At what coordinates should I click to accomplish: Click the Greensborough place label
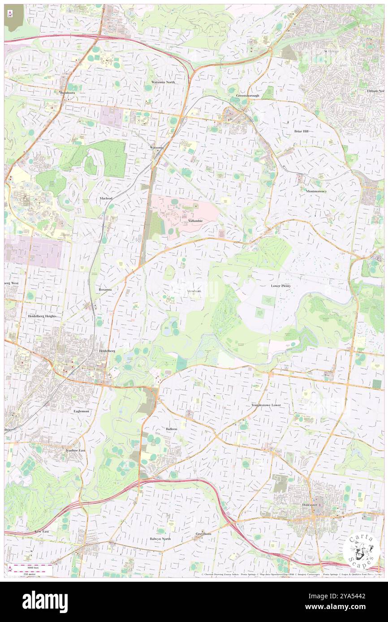tap(248, 96)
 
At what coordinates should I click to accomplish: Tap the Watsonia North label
tap(163, 82)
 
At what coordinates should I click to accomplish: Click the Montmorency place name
tap(316, 191)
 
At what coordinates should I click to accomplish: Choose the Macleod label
tap(106, 198)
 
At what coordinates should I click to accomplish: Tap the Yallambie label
tap(195, 221)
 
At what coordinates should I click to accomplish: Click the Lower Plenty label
tap(280, 285)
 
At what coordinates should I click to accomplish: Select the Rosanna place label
tap(105, 290)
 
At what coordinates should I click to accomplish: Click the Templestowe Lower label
tap(266, 405)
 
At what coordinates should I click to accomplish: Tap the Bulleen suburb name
tap(171, 429)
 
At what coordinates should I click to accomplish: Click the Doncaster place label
tap(307, 505)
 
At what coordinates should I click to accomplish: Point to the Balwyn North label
tap(160, 539)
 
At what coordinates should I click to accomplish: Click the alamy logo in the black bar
tap(45, 602)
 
